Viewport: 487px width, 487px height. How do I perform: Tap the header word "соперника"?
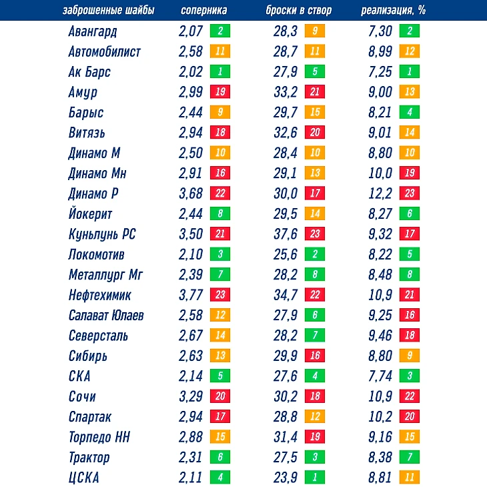pos(203,11)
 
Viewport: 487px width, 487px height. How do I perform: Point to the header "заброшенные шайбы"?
pos(108,11)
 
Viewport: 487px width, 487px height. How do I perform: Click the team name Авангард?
pos(93,31)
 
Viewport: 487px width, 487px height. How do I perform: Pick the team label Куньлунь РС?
pos(102,234)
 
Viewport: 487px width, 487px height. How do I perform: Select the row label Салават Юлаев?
pos(106,316)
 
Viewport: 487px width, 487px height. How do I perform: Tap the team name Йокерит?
pos(90,214)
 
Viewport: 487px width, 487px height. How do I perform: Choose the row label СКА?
pos(79,376)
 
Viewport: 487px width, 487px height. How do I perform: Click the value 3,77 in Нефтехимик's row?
pos(191,295)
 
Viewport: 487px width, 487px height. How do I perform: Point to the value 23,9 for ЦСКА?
pos(286,478)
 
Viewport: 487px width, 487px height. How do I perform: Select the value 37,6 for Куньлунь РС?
pos(286,234)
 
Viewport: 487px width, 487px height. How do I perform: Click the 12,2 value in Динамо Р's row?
pos(380,193)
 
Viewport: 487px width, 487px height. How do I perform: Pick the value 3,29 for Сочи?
pos(191,396)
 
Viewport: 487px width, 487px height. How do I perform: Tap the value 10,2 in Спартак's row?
pos(380,417)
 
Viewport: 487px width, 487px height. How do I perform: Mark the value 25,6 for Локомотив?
pos(286,254)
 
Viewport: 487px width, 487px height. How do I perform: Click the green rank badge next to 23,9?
pos(315,478)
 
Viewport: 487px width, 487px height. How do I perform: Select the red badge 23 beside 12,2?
pos(410,193)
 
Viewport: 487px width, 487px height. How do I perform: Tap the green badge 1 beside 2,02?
pos(219,72)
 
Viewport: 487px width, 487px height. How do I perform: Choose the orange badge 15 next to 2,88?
pos(219,437)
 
